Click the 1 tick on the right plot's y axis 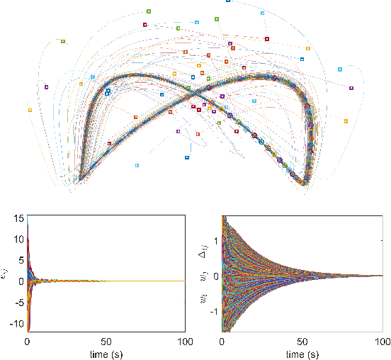(216, 241)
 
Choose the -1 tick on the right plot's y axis (214, 309)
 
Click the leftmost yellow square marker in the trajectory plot (30, 110)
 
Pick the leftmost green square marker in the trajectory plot (63, 41)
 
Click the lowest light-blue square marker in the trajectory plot (137, 165)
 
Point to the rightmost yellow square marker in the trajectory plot (346, 121)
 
